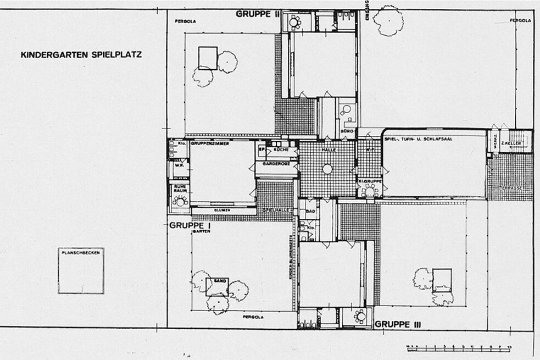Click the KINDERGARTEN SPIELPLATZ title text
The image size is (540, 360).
pos(81,55)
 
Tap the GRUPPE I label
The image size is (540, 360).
pos(187,225)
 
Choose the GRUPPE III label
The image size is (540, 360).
pos(398,324)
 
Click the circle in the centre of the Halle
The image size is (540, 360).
pos(327,169)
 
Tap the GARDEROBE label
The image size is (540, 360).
pos(276,164)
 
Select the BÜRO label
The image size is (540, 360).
pos(346,132)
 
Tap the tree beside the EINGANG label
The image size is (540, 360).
pos(388,21)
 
